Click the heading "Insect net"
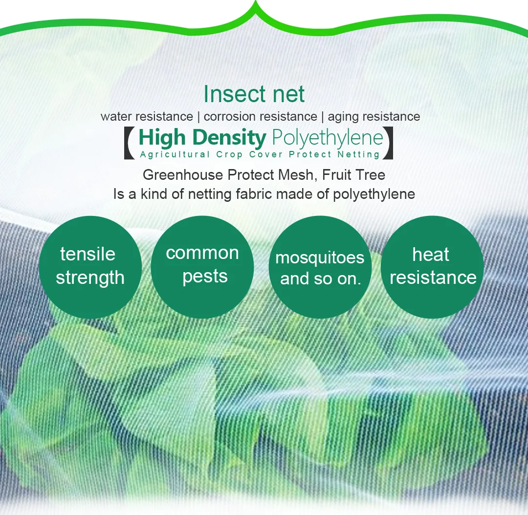254,94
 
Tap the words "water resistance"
147,117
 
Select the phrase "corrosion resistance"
260,117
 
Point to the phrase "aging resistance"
374,117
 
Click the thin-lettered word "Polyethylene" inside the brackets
327,138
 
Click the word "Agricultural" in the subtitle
175,154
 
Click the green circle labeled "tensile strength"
90,267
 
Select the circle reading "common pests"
202,267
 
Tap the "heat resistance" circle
432,267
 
